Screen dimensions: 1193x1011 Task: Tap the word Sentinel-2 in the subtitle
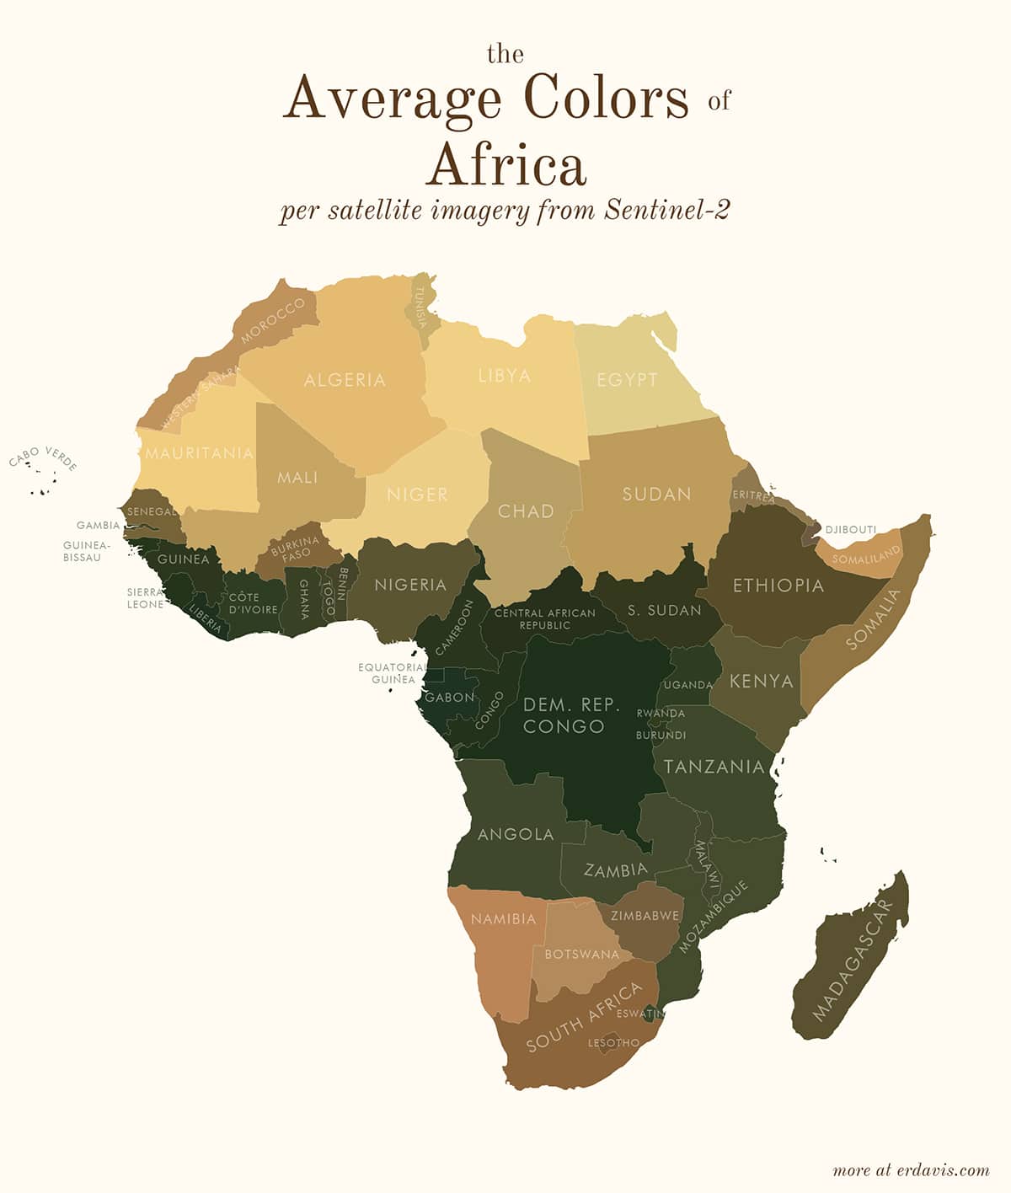click(x=666, y=210)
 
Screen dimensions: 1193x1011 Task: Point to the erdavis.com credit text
click(x=911, y=1169)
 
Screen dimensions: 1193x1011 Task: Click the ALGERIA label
click(x=345, y=380)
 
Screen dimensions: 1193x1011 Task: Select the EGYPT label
click(x=627, y=379)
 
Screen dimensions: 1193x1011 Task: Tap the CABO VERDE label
click(x=43, y=458)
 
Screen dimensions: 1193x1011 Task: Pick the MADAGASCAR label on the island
click(x=852, y=960)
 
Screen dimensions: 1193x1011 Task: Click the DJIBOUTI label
click(x=851, y=529)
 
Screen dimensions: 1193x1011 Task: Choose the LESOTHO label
click(x=613, y=1042)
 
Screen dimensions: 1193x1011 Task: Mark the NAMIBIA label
click(x=503, y=918)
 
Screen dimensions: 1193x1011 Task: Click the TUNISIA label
click(x=420, y=308)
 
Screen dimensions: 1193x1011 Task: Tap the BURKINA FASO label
click(x=296, y=548)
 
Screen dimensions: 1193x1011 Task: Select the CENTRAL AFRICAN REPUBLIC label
click(x=544, y=618)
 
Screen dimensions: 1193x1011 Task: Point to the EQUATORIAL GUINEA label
click(x=393, y=672)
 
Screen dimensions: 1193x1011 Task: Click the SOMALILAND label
click(x=866, y=554)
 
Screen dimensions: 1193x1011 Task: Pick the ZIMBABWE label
click(x=645, y=915)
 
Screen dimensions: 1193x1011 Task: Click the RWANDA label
click(x=661, y=713)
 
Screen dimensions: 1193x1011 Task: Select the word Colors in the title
click(x=605, y=98)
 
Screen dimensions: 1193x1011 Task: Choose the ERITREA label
click(x=753, y=495)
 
